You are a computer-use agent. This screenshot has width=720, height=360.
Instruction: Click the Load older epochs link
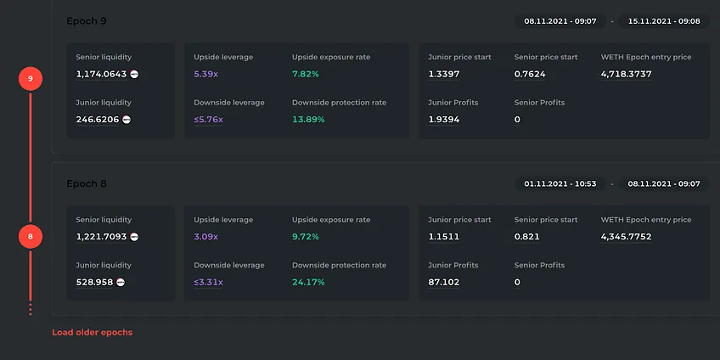93,332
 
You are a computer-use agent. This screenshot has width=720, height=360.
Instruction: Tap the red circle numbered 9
31,78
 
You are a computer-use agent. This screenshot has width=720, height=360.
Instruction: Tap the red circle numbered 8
31,237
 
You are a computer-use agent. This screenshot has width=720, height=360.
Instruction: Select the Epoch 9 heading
87,21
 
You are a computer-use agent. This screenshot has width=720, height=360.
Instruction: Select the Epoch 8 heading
87,183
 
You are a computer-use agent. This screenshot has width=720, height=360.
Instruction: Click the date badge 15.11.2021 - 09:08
664,21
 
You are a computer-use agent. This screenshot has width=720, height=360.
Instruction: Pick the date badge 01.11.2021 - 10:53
560,183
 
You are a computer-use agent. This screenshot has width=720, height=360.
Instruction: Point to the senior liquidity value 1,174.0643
102,74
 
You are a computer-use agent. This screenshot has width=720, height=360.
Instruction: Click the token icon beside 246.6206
127,120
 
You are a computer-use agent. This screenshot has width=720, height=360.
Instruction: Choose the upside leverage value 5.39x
205,74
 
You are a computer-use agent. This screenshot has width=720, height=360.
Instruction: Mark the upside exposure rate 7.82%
306,74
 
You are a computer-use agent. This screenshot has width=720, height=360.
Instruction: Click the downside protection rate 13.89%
308,120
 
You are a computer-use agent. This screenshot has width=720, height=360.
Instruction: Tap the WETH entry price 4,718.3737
627,74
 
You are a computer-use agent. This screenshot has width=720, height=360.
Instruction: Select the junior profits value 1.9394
443,120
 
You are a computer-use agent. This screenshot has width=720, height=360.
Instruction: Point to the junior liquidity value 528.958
94,282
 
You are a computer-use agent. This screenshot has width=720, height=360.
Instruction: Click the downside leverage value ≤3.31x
208,282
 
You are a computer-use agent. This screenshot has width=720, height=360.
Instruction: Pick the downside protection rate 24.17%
308,282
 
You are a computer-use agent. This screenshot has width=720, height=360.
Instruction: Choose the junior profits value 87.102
443,282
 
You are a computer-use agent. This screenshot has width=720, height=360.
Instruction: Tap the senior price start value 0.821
526,237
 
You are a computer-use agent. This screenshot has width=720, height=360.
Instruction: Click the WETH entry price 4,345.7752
627,237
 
